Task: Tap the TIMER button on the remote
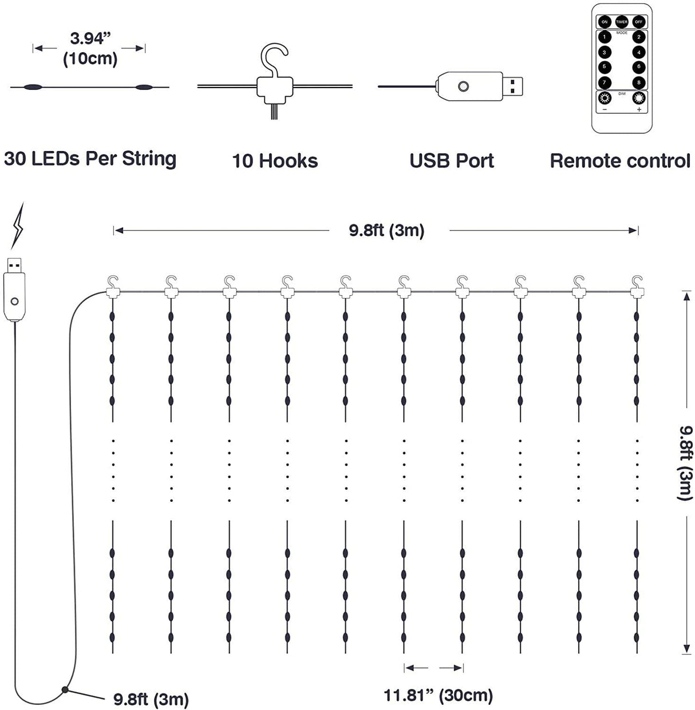click(622, 22)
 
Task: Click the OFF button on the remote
click(639, 22)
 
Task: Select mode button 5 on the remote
click(605, 67)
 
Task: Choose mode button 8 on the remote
click(639, 82)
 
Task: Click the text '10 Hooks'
click(275, 161)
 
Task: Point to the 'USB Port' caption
click(452, 161)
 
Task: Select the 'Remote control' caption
click(620, 161)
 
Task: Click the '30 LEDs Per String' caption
click(90, 158)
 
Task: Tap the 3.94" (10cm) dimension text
click(90, 48)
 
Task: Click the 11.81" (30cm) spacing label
click(438, 695)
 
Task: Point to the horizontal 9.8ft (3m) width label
click(386, 231)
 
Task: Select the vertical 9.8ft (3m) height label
click(685, 462)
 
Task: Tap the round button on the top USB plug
click(463, 86)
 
